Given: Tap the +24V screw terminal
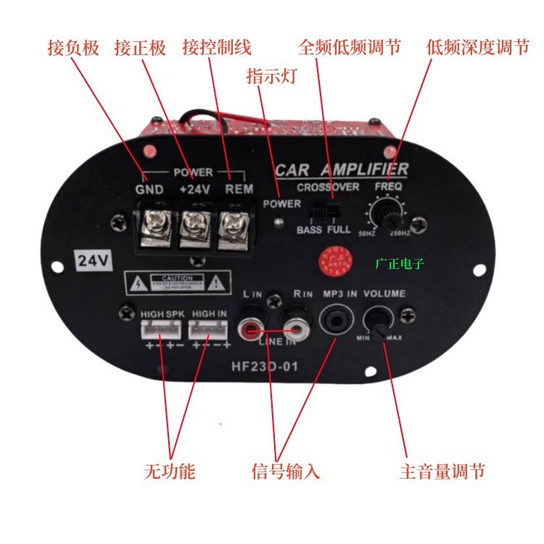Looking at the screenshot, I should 194,223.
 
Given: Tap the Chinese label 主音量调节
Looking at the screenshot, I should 442,471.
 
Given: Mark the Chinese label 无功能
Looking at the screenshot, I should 170,471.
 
